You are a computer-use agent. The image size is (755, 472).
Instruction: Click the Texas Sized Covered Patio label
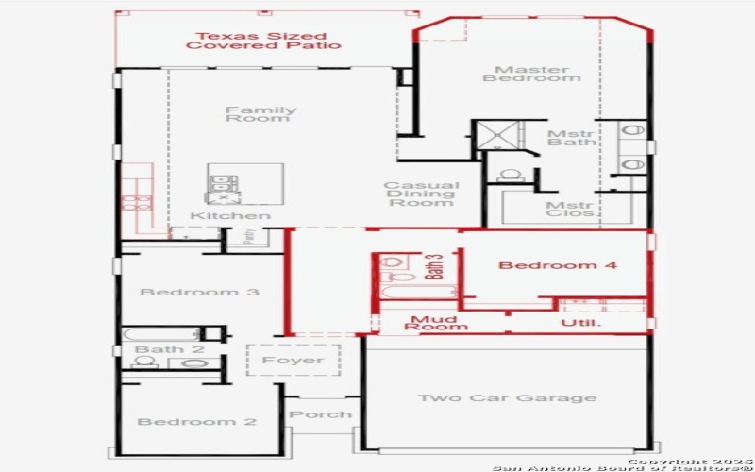263,40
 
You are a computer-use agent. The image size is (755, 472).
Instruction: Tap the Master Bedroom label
531,74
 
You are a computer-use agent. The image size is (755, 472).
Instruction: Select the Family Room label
260,114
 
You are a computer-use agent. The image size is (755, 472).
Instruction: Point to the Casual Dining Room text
422,194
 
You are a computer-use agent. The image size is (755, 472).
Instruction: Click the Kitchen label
230,216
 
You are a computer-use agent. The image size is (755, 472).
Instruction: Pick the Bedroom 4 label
558,265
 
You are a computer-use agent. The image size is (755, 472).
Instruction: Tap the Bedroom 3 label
199,292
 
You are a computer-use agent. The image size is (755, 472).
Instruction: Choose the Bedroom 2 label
196,421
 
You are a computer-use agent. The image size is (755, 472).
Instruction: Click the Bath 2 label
157,350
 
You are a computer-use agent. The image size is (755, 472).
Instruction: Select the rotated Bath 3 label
436,267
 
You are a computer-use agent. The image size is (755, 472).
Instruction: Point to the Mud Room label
437,323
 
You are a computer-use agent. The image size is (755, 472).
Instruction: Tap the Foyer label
293,360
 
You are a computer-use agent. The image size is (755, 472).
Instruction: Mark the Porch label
320,414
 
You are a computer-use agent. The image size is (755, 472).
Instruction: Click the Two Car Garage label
507,397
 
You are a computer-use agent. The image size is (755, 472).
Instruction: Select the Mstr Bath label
571,138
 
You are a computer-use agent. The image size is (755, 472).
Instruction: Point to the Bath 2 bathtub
161,333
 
